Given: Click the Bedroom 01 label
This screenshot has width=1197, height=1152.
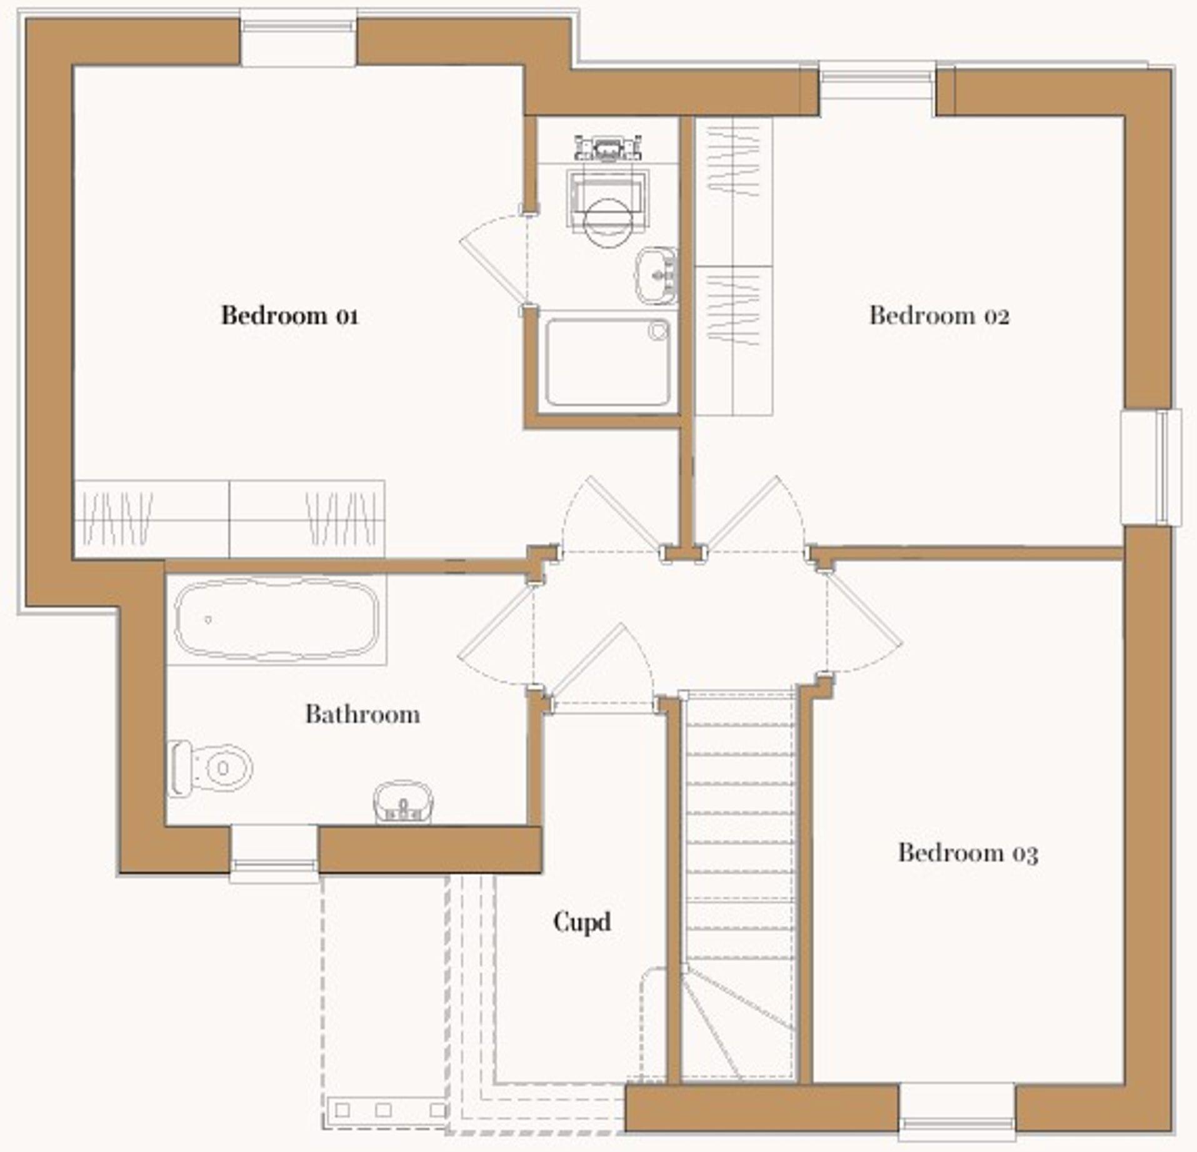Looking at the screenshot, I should click(x=289, y=315).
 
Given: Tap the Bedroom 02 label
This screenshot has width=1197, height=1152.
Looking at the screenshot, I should click(x=939, y=315).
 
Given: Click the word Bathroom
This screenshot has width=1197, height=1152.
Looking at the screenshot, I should click(x=362, y=714).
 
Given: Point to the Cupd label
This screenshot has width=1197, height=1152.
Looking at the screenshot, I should click(x=581, y=921).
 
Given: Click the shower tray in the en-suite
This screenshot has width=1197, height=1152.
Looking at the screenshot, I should click(x=607, y=362).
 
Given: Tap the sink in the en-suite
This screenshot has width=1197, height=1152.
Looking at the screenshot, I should click(x=656, y=275).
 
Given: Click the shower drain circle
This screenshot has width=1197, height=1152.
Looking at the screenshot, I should click(x=658, y=330).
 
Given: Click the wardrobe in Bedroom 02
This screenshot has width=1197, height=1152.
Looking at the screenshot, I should click(x=734, y=266).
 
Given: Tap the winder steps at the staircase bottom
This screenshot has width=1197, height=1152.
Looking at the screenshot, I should click(x=734, y=1026).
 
